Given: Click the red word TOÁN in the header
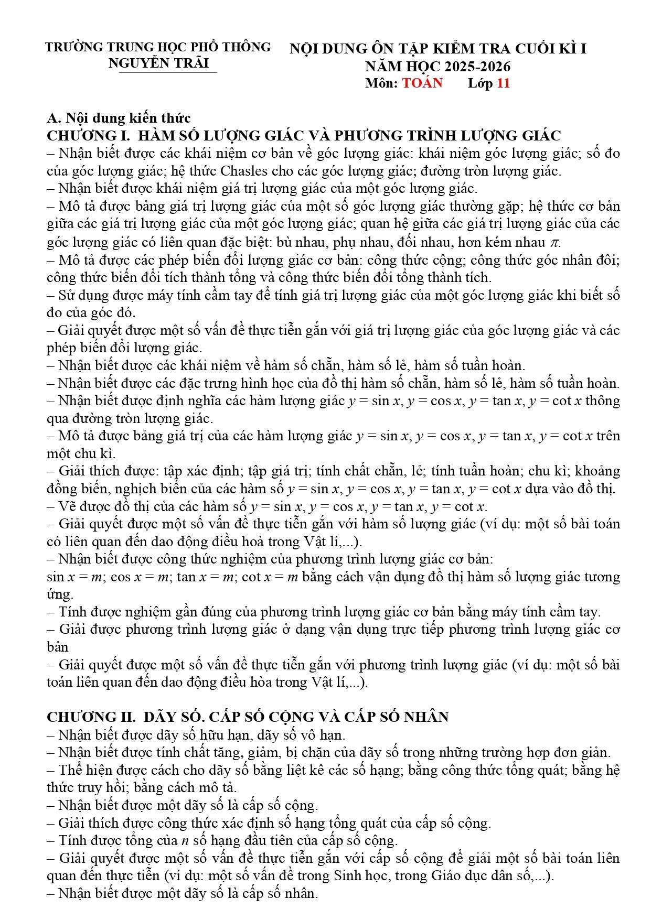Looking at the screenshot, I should (x=422, y=83).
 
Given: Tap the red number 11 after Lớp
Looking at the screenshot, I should (x=503, y=83).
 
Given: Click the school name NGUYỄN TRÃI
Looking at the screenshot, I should (x=158, y=63).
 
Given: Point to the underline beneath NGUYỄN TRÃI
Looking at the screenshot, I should (x=168, y=72).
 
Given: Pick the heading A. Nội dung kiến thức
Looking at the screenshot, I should (x=119, y=117).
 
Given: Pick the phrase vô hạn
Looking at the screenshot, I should (x=321, y=735).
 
